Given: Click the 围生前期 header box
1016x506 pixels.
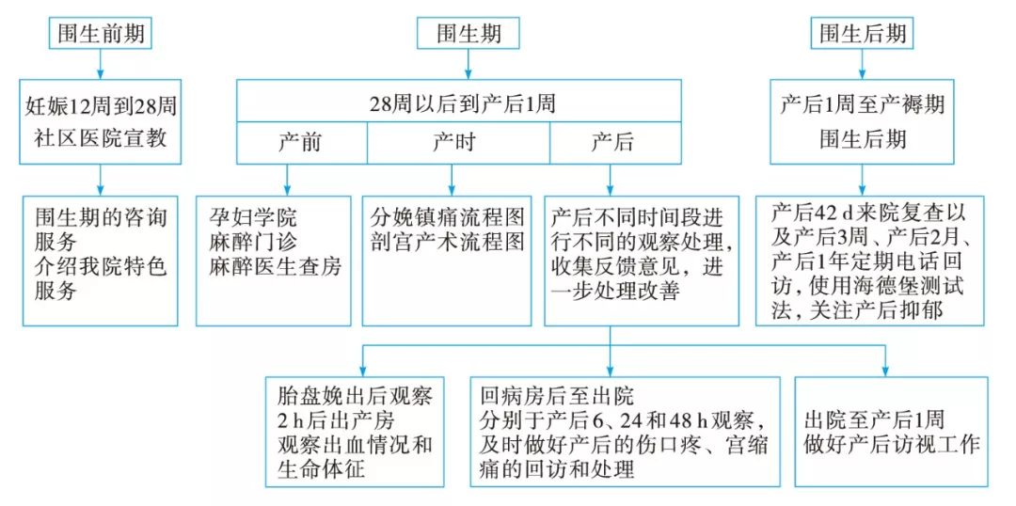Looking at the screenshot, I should click(99, 35).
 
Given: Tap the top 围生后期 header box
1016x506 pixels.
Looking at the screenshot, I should click(863, 35).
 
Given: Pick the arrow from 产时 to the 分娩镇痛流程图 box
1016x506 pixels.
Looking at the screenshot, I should click(452, 178).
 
